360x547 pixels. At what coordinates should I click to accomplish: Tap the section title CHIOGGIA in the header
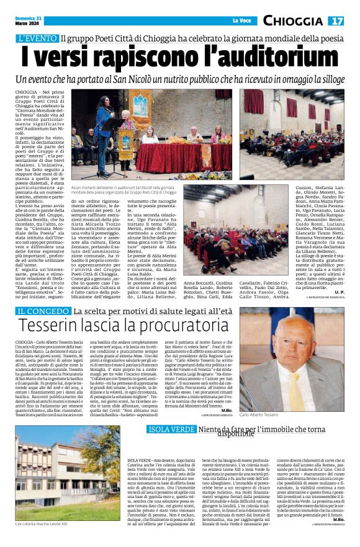pos(293,20)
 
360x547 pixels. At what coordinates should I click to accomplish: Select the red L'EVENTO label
pos(38,38)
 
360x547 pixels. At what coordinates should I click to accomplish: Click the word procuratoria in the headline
pos(178,326)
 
